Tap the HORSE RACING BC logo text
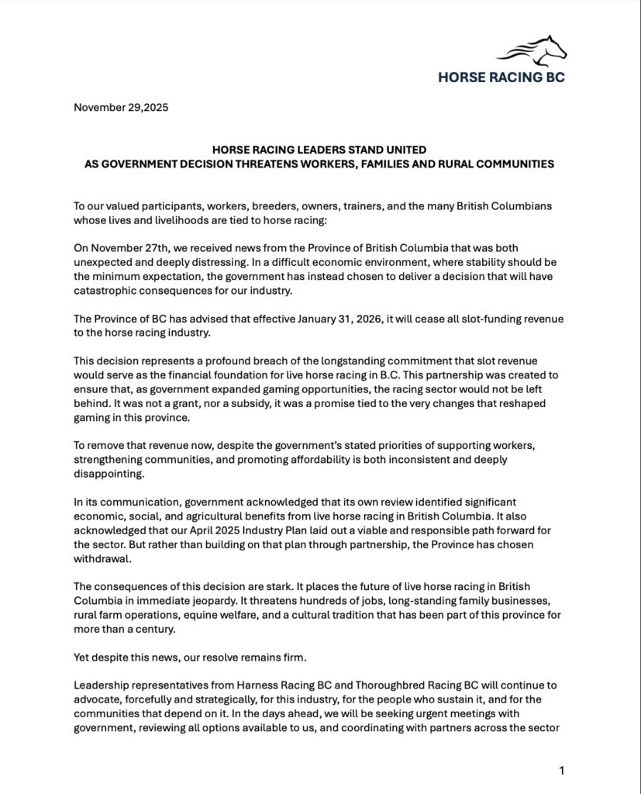point(501,77)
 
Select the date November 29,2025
point(120,107)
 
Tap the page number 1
point(561,770)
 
